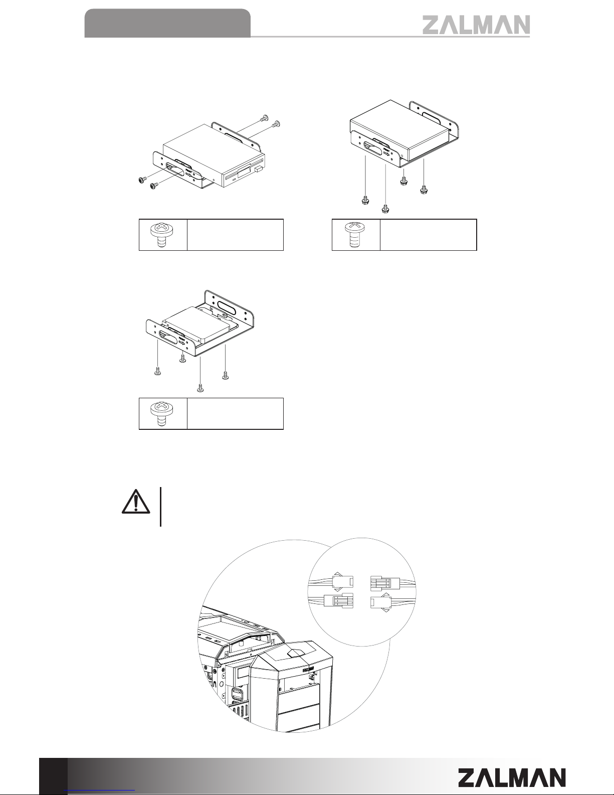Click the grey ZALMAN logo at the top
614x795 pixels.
[476, 25]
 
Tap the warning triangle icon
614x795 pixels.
[136, 502]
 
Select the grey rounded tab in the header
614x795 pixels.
[167, 23]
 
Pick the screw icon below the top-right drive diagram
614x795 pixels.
[356, 234]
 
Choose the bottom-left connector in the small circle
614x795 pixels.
[338, 600]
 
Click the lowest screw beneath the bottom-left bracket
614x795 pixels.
[200, 387]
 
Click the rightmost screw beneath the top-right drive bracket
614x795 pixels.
[424, 189]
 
